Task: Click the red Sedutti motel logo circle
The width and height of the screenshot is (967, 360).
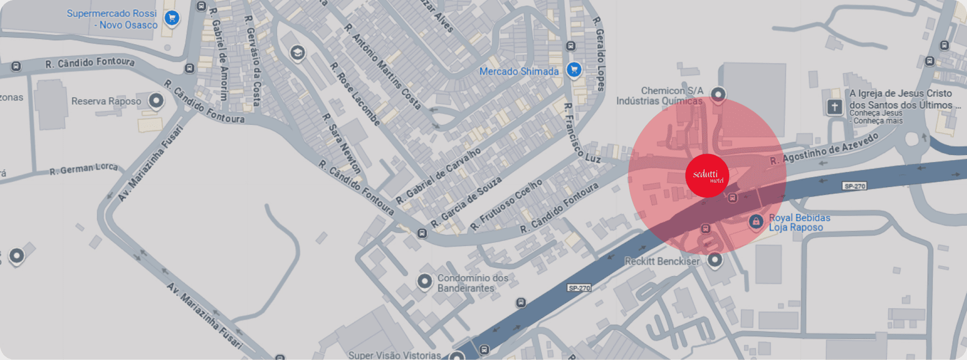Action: (707, 175)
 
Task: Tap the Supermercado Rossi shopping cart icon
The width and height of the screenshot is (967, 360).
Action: (172, 18)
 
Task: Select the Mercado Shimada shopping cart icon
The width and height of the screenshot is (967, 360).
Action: (574, 69)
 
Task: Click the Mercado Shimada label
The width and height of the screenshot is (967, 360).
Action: (519, 71)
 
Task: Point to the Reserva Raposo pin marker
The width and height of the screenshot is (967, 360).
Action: (156, 101)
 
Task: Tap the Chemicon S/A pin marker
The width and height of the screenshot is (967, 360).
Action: (718, 94)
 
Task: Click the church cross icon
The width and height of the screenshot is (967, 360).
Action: (835, 107)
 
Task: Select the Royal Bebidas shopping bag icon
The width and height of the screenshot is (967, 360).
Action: (755, 221)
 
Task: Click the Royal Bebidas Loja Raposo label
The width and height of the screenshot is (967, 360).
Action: (799, 223)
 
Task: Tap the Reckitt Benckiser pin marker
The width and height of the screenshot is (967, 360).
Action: (715, 260)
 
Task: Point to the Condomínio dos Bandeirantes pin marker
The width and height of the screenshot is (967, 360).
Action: (425, 281)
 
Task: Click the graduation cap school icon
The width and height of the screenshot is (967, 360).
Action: (298, 52)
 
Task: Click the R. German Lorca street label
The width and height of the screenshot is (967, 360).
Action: (84, 169)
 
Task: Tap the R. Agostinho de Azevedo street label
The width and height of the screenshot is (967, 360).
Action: (824, 149)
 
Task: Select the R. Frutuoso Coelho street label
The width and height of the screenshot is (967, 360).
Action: (506, 204)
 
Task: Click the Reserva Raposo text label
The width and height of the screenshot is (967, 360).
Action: (106, 101)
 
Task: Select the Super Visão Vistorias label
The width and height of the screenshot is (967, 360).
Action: (394, 355)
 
